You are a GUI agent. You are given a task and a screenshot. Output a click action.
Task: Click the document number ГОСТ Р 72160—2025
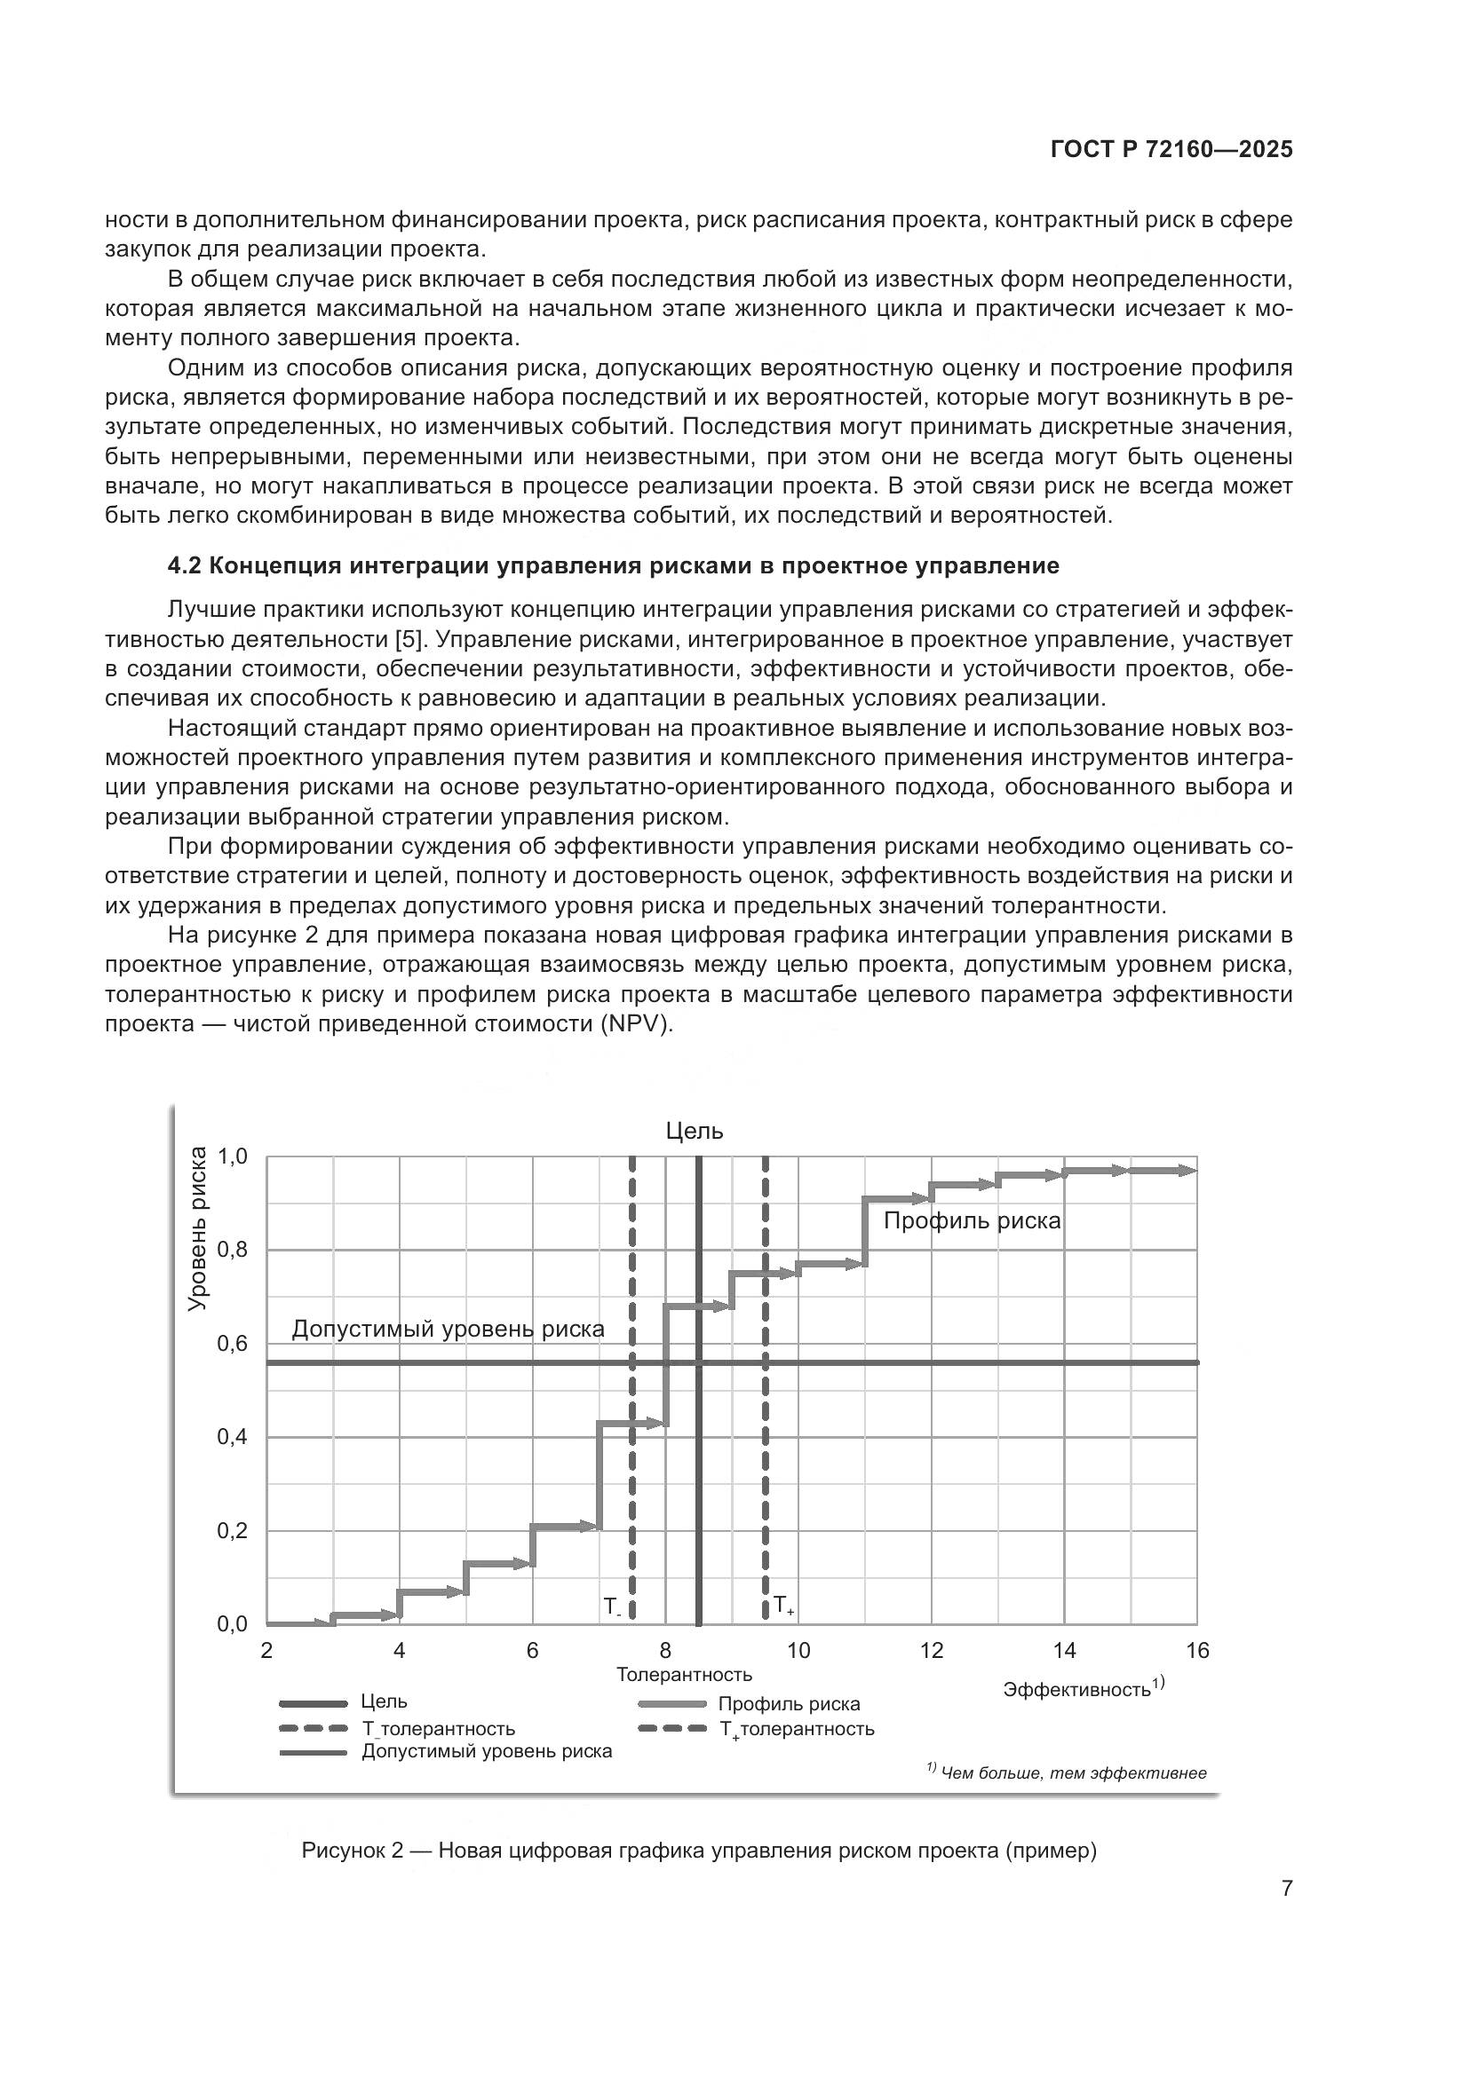click(1171, 150)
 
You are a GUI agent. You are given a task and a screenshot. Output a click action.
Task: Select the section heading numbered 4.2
click(614, 566)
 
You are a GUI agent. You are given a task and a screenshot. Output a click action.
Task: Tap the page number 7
click(1286, 1888)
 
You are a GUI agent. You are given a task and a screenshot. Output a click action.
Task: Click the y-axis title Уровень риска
click(197, 1227)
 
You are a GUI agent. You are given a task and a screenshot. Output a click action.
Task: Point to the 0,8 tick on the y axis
click(233, 1251)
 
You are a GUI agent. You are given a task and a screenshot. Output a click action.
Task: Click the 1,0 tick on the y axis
click(233, 1156)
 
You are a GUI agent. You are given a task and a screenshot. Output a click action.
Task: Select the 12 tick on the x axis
click(932, 1651)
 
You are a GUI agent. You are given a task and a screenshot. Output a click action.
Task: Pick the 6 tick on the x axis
click(532, 1651)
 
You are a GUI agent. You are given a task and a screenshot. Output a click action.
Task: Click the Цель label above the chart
click(695, 1131)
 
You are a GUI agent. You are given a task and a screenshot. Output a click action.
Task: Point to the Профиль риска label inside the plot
click(972, 1220)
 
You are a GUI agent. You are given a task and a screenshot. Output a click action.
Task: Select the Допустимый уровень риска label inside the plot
click(448, 1330)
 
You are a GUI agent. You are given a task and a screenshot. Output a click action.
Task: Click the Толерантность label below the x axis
click(684, 1675)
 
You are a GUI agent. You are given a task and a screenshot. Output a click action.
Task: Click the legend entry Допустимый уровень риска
click(487, 1751)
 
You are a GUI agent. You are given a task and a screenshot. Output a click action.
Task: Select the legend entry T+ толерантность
click(796, 1729)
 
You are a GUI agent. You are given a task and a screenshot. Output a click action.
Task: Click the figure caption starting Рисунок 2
click(698, 1851)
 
